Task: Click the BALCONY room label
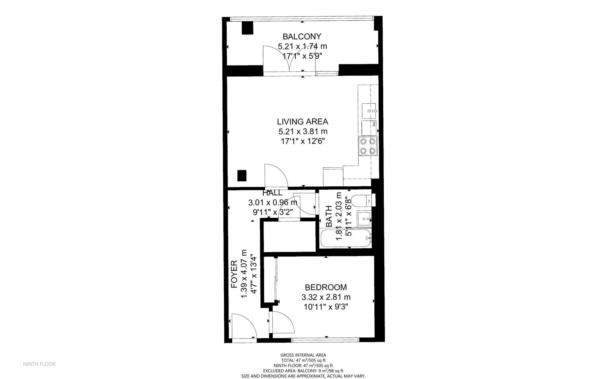pos(302,36)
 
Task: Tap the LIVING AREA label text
pos(302,121)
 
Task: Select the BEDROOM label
pos(326,287)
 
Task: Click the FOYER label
pos(234,274)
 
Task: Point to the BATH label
pos(329,216)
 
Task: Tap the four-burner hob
pos(368,146)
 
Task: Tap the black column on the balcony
pos(247,28)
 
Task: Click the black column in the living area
pos(242,176)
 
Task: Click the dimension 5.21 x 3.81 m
pos(303,131)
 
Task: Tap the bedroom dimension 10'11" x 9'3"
pos(326,306)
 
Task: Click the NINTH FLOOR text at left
pos(39,364)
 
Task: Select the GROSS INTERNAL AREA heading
pos(303,355)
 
